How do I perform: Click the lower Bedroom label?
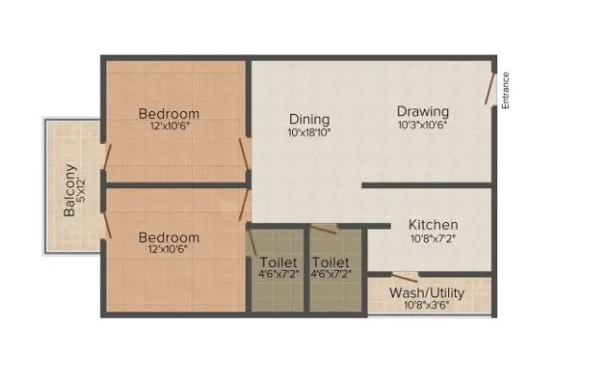169,237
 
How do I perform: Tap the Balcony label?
70,191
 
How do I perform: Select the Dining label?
309,119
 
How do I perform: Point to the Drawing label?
421,110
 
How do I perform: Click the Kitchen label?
433,225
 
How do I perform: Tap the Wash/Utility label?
428,293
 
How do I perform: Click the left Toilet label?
278,262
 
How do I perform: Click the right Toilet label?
331,262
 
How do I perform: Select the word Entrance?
506,91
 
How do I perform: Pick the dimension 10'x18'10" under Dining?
309,133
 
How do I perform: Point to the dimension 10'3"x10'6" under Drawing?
421,124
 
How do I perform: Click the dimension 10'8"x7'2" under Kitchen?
433,239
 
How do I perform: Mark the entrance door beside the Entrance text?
490,90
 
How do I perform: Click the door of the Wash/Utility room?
405,277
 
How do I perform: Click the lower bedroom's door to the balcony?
107,223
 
